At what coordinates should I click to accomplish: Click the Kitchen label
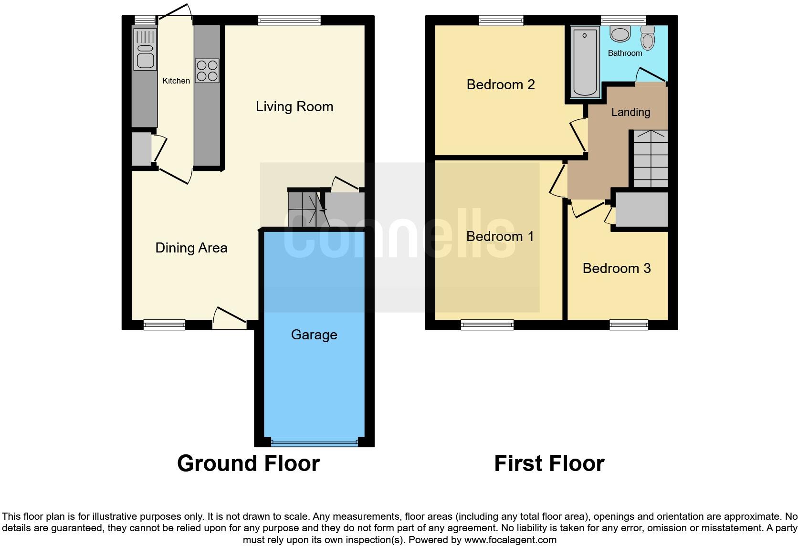click(176, 81)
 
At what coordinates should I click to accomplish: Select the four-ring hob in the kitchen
click(207, 71)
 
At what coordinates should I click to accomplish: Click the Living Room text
click(294, 106)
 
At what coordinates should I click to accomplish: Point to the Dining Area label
click(191, 248)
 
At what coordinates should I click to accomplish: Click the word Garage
click(314, 335)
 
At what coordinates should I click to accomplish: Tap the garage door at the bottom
click(314, 442)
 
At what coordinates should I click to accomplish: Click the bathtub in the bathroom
click(585, 62)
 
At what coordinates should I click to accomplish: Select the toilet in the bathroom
click(647, 38)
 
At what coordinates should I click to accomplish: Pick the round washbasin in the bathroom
click(620, 34)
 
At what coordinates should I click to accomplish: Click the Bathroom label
click(625, 53)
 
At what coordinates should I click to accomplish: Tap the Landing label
click(630, 112)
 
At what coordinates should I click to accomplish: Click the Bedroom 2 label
click(500, 84)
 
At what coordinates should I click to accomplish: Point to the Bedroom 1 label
click(500, 236)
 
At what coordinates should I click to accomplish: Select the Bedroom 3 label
click(616, 268)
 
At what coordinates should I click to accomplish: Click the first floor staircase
click(650, 158)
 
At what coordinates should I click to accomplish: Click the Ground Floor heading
click(248, 463)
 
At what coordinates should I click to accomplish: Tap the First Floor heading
click(549, 463)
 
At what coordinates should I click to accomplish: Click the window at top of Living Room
click(289, 21)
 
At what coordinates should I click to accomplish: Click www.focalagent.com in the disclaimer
click(510, 540)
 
